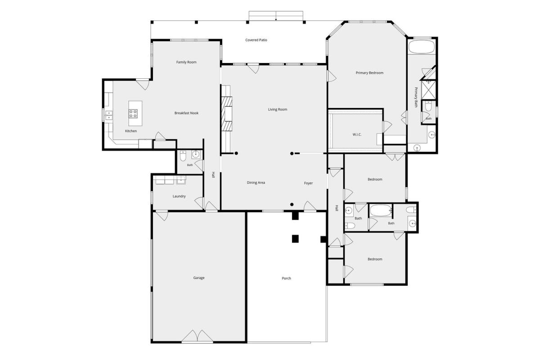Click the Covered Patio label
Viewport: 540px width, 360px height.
(x=256, y=40)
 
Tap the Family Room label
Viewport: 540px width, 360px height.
(x=186, y=62)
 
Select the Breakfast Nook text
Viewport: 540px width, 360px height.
(x=186, y=113)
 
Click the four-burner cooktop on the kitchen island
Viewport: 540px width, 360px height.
(x=133, y=114)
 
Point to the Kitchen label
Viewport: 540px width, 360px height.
(x=131, y=131)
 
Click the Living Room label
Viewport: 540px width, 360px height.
(x=278, y=109)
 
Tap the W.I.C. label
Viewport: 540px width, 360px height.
(x=357, y=135)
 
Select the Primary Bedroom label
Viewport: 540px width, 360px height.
(x=369, y=73)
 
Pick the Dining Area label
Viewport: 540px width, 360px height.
(x=256, y=183)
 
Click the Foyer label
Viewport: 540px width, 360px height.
(x=308, y=183)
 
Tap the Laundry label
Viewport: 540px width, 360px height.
(x=179, y=196)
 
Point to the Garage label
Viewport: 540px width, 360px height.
(x=198, y=278)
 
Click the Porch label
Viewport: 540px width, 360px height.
(x=286, y=278)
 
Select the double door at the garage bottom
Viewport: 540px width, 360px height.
(x=198, y=336)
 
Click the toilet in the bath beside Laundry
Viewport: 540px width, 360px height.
(x=183, y=156)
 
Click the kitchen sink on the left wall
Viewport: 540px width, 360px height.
(x=109, y=116)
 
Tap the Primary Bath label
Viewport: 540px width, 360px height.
(x=416, y=97)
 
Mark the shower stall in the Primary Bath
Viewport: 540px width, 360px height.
(x=428, y=90)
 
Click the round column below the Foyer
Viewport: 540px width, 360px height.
(x=292, y=204)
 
